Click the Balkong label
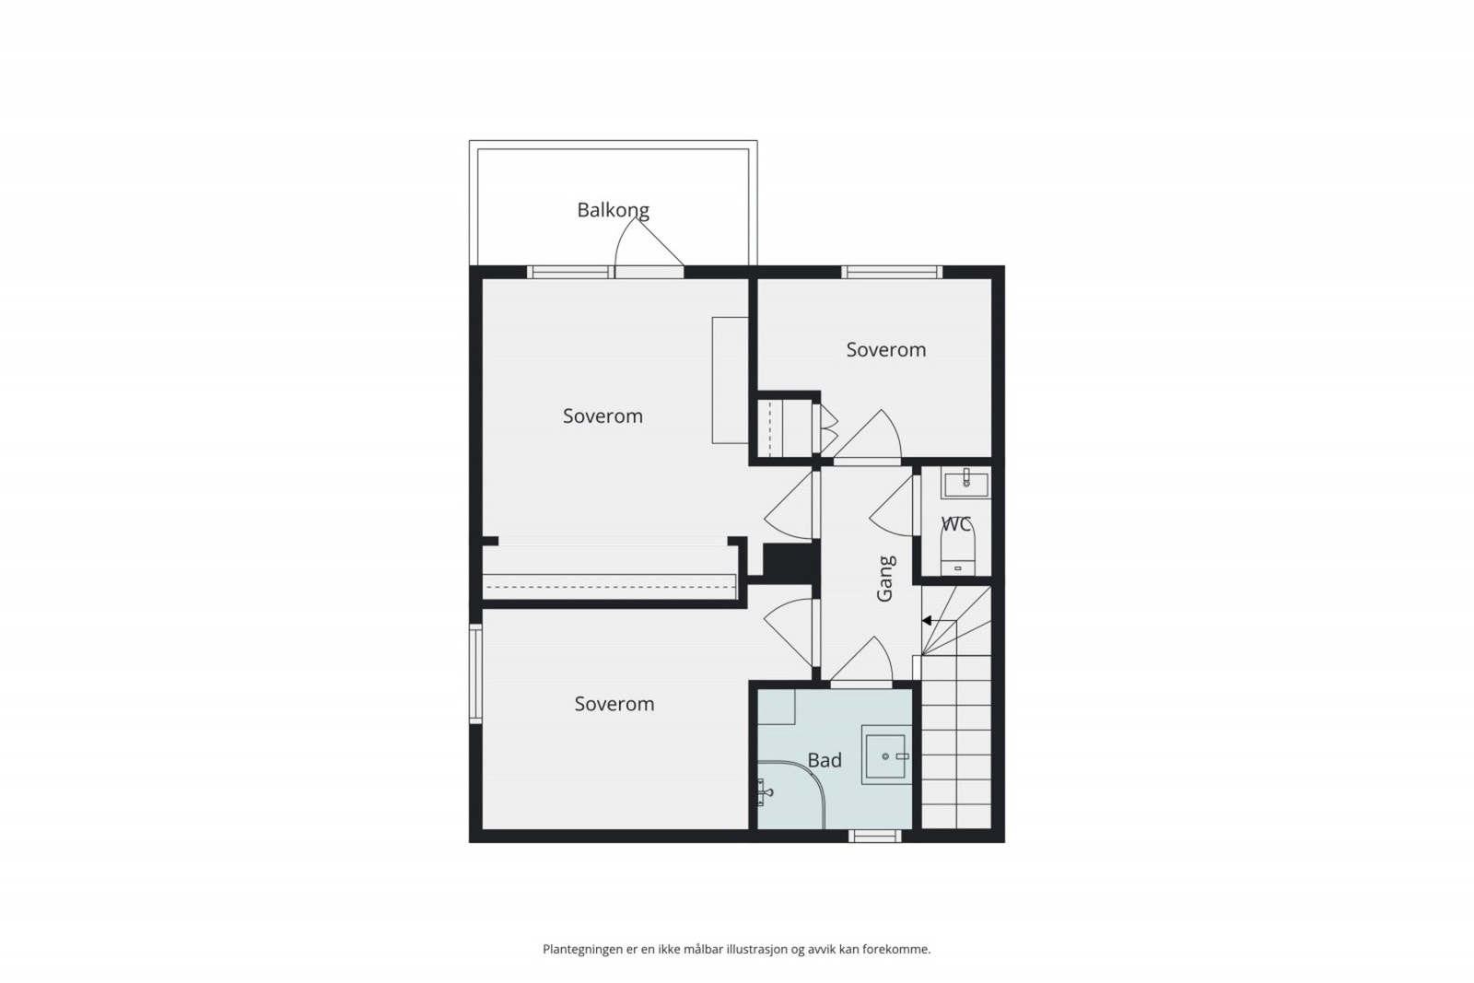click(x=613, y=210)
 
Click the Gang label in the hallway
click(x=885, y=579)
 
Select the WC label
click(x=956, y=524)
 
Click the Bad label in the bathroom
click(x=825, y=760)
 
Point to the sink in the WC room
click(x=965, y=483)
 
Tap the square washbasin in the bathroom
click(x=885, y=755)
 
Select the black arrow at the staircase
click(x=928, y=621)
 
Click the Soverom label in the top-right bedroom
click(x=885, y=349)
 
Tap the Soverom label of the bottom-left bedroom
click(x=614, y=704)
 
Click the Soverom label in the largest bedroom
click(x=602, y=415)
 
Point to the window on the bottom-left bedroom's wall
click(x=475, y=673)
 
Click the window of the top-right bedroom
click(x=891, y=272)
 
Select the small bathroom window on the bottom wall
click(x=874, y=837)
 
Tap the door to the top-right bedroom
click(x=871, y=439)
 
